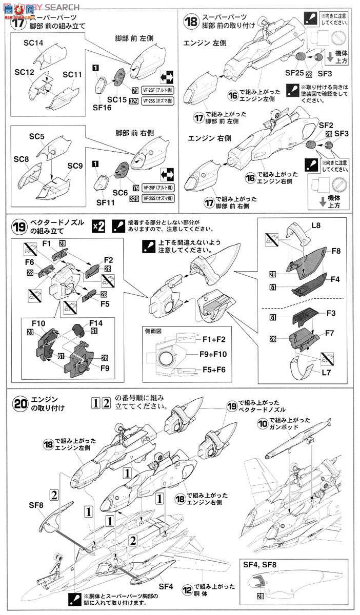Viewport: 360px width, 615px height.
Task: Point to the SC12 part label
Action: pyautogui.click(x=24, y=73)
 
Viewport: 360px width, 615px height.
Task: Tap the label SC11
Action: pyautogui.click(x=72, y=75)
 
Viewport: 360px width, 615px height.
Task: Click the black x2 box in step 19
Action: pyautogui.click(x=98, y=227)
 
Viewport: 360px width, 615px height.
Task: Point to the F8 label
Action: pyautogui.click(x=335, y=252)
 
